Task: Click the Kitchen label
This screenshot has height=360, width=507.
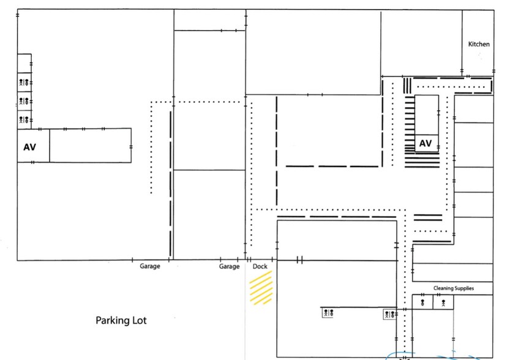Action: pos(479,44)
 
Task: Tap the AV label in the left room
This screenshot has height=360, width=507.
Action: pos(29,148)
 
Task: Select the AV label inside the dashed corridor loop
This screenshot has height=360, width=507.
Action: pos(426,144)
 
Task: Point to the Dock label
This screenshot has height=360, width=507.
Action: pos(260,267)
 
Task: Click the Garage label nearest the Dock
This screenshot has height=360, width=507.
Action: pos(230,267)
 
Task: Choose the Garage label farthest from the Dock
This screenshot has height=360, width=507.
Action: pos(150,267)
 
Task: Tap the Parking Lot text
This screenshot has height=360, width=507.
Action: pos(121,320)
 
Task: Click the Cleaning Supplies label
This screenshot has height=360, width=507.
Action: pos(454,288)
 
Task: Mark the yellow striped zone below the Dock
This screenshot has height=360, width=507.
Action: pos(260,288)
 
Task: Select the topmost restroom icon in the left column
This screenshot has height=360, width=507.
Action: pos(24,82)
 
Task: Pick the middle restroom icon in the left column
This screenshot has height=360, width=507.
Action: pos(24,101)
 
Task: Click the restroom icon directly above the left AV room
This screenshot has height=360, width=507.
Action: pos(24,120)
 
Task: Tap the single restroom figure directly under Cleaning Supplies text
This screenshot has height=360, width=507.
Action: pos(443,302)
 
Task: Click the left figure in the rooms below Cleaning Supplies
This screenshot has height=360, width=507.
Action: pos(423,302)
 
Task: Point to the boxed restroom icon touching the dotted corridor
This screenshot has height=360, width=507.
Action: pos(389,314)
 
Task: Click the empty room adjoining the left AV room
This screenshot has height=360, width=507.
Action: pos(90,145)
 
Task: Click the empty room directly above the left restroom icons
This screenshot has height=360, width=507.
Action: pos(24,62)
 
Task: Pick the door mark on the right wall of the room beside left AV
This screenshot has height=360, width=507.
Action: pos(131,146)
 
